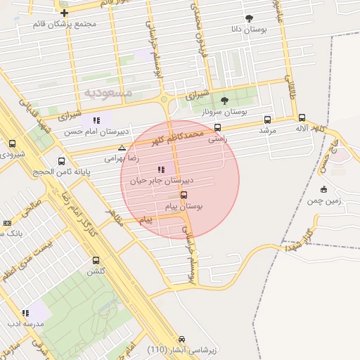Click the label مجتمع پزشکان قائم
[x=64, y=24]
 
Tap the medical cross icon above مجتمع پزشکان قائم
[x=64, y=13]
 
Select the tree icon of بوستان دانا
[x=250, y=18]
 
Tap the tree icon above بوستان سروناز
[x=224, y=101]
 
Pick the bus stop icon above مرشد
[x=267, y=120]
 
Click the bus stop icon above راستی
[x=217, y=128]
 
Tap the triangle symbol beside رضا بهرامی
[x=122, y=148]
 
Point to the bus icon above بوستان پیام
[x=184, y=195]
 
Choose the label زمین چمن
[x=323, y=201]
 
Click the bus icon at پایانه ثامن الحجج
[x=62, y=161]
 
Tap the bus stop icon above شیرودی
[x=12, y=143]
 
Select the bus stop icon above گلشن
[x=96, y=260]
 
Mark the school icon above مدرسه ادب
[x=25, y=313]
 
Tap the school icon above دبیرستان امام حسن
[x=96, y=120]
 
